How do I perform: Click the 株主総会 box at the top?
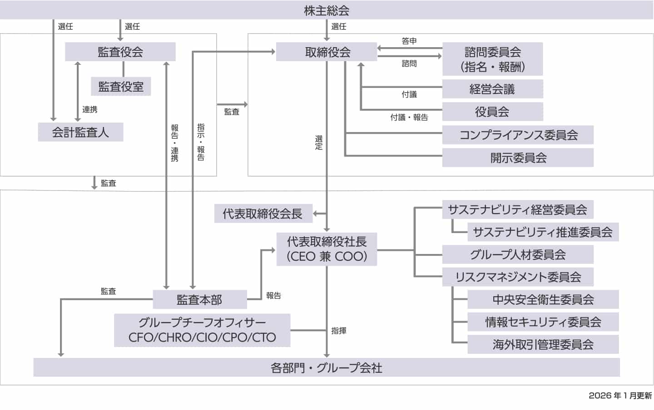click(x=327, y=10)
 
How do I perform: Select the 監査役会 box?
click(x=120, y=52)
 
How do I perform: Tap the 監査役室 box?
click(x=121, y=86)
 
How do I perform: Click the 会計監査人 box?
click(x=80, y=132)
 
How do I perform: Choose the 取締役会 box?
click(x=327, y=52)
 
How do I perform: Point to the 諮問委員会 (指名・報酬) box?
click(x=492, y=59)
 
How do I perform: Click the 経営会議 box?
click(x=492, y=89)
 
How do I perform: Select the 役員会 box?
click(x=492, y=112)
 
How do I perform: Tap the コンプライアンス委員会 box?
click(x=518, y=135)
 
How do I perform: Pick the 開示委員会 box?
click(x=518, y=157)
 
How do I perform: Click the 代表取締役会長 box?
click(x=263, y=214)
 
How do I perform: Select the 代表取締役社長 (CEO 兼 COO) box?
click(x=327, y=249)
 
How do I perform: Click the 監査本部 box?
click(x=199, y=299)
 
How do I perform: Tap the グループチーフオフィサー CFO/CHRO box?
click(x=202, y=330)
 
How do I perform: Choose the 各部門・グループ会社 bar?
click(x=327, y=367)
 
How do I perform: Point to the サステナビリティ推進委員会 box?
click(x=543, y=232)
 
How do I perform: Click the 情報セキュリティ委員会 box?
click(x=543, y=322)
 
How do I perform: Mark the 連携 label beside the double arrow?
click(x=89, y=109)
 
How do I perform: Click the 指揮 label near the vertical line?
click(x=339, y=331)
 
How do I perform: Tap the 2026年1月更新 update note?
click(x=620, y=395)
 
